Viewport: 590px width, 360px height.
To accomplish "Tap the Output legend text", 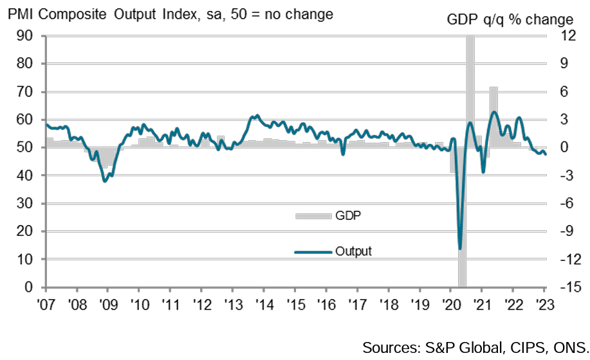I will pos(353,251).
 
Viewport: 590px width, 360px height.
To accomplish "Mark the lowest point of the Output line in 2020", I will pos(459,248).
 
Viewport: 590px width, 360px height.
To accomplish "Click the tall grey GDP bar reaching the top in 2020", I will pos(470,90).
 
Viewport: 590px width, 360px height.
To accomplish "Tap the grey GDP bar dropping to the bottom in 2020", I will pos(462,219).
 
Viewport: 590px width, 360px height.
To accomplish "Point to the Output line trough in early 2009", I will pos(105,181).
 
